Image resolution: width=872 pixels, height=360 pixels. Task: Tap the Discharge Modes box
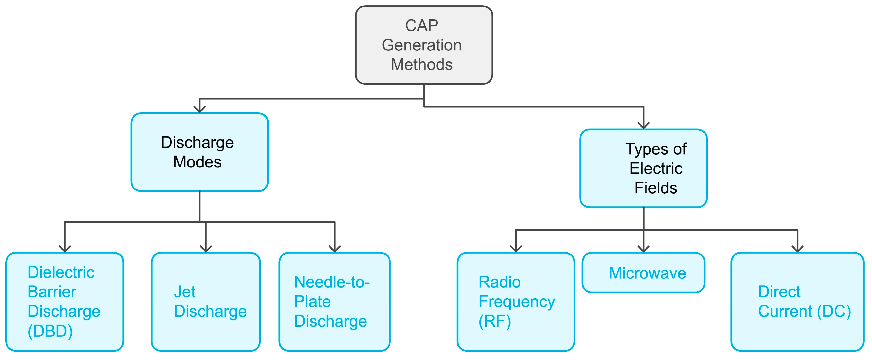tap(199, 152)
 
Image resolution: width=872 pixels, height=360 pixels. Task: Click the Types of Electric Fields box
tap(643, 168)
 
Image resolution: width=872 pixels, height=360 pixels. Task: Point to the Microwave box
tap(643, 273)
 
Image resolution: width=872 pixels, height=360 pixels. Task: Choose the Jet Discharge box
tap(206, 301)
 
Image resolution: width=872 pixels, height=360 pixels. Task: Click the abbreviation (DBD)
tap(50, 331)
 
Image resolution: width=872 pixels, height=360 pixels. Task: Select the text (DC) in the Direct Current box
tap(834, 311)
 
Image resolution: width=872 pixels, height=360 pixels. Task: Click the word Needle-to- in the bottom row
tap(332, 282)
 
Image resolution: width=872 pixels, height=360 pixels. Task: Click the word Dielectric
tap(61, 272)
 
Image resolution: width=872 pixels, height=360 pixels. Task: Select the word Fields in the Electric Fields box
tap(656, 188)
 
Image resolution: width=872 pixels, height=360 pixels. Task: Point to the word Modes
tap(197, 162)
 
